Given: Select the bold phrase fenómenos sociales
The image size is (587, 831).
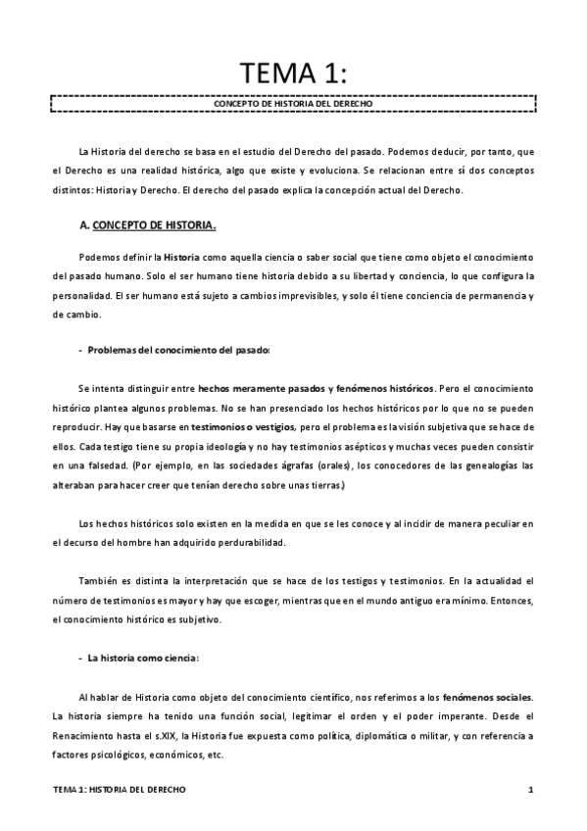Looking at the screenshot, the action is pos(487,697).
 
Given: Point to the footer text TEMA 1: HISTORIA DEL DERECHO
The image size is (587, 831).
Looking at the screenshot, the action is pos(120,788).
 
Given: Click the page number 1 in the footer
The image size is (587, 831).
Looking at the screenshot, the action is pos(528,788).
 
